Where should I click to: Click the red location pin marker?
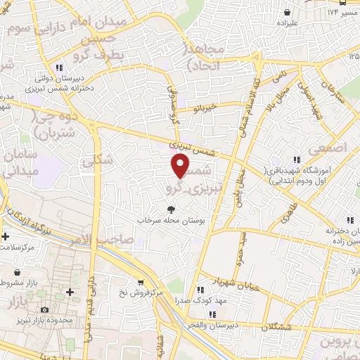click(x=181, y=166)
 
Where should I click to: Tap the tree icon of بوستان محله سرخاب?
click(x=171, y=210)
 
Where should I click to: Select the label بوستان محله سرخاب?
click(x=173, y=221)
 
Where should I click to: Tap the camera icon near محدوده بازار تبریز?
click(x=44, y=309)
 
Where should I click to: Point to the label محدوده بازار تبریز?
click(x=48, y=321)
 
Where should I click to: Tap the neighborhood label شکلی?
click(x=97, y=160)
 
